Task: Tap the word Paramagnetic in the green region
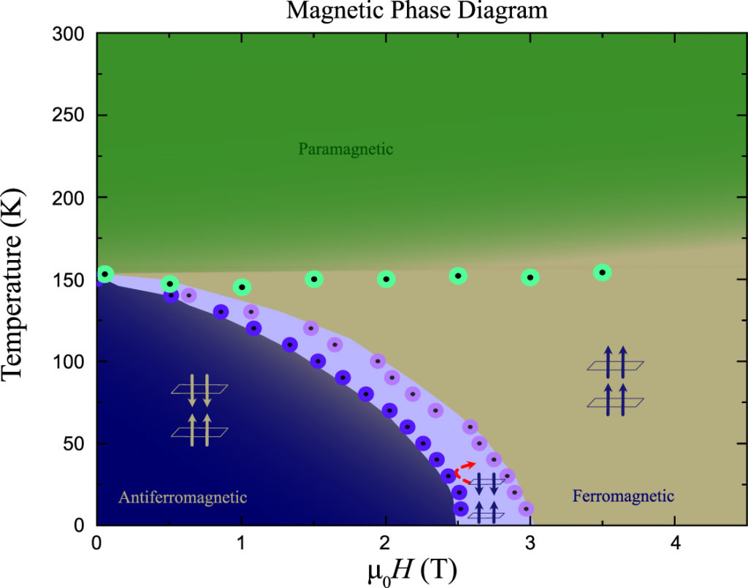click(346, 150)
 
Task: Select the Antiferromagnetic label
click(182, 497)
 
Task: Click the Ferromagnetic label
click(623, 497)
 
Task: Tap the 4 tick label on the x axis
click(674, 545)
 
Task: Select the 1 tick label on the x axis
click(240, 545)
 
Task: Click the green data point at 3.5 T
click(602, 272)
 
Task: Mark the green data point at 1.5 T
click(313, 278)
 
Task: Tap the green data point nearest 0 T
click(105, 274)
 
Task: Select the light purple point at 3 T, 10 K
click(525, 508)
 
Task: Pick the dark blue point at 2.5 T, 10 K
click(460, 508)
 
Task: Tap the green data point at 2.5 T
click(458, 275)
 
